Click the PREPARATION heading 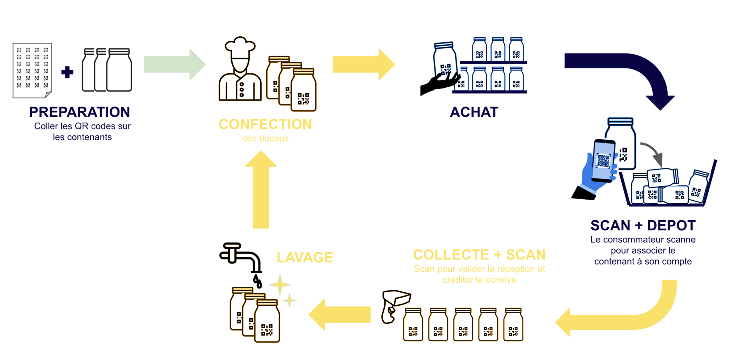(x=79, y=112)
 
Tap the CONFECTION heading (x=265, y=124)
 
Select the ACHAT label (x=474, y=112)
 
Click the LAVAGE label (x=305, y=257)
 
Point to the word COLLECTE (x=451, y=255)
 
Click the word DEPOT (x=671, y=226)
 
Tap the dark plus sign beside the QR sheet (x=67, y=72)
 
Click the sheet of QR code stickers (x=32, y=70)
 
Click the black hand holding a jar (x=438, y=83)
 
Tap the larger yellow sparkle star (x=280, y=284)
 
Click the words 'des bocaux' (x=265, y=138)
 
